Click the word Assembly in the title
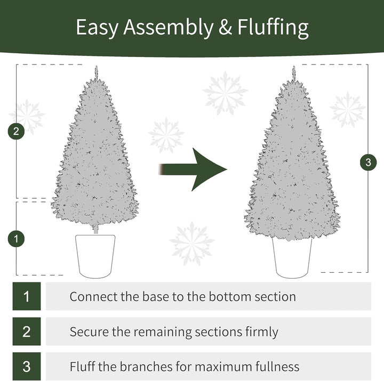168,27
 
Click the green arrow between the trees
194,169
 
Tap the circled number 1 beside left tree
17,239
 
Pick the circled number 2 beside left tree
17,131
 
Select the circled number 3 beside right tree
367,162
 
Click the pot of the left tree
95,255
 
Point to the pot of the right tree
292,257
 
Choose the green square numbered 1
27,296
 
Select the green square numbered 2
27,331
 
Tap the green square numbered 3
27,367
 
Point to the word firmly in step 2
260,332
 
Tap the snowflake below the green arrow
191,243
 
